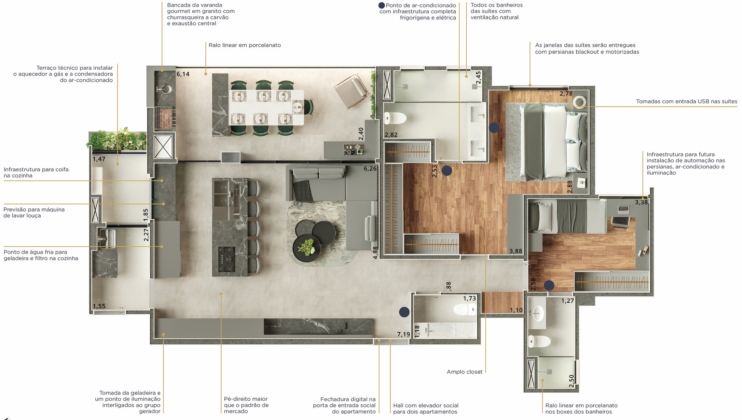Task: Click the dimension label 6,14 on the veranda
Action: click(183, 74)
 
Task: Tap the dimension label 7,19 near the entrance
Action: click(404, 334)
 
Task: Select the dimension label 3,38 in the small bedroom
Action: click(641, 202)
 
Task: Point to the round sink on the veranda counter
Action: click(165, 88)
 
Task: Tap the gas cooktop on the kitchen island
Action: click(227, 259)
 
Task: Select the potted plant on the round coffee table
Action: click(306, 247)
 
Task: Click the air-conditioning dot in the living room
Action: click(404, 312)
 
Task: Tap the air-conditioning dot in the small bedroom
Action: click(549, 285)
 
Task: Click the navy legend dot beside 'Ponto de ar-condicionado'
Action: click(382, 6)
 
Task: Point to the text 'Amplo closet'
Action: click(464, 372)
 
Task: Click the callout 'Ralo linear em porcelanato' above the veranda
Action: click(245, 45)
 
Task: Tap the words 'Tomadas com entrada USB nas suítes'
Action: click(687, 101)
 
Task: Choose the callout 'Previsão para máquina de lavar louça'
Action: click(34, 212)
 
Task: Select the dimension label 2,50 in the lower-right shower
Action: click(571, 381)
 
